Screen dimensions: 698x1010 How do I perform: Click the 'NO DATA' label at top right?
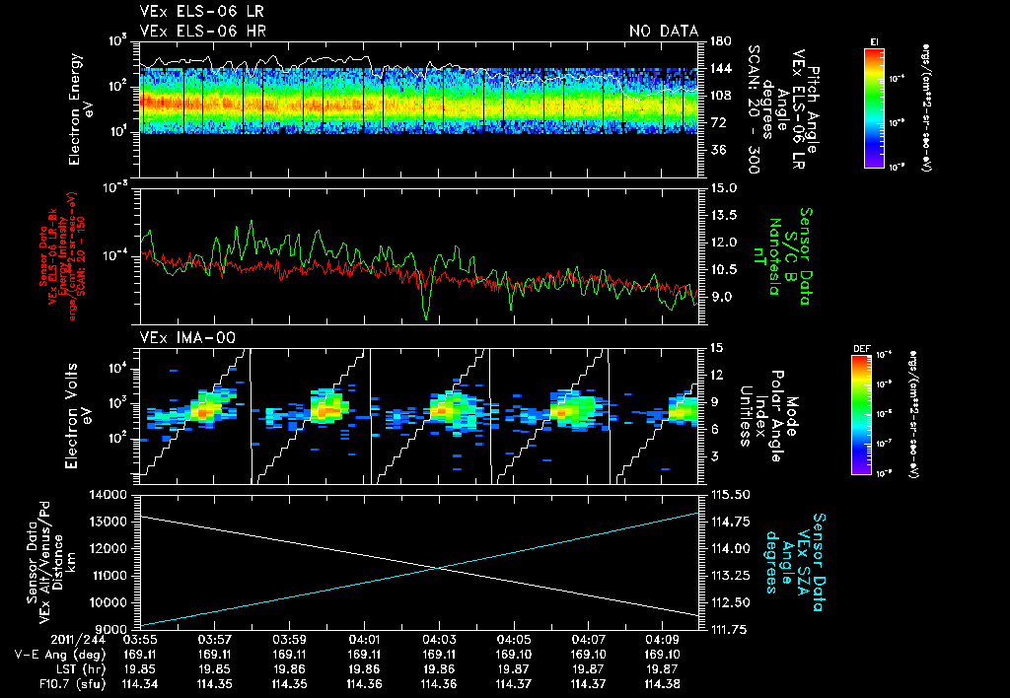tap(663, 31)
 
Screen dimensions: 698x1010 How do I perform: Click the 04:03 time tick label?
tap(439, 640)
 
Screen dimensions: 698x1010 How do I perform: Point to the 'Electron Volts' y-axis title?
tap(80, 406)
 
